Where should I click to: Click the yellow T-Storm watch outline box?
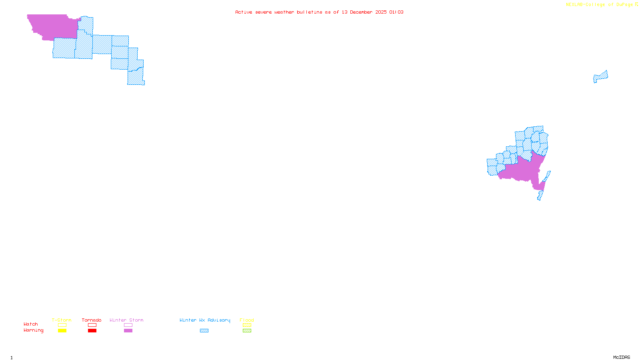point(62,325)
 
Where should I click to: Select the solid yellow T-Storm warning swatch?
point(62,331)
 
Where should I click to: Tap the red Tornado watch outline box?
point(92,325)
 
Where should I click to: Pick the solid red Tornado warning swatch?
point(92,331)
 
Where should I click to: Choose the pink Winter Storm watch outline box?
point(128,325)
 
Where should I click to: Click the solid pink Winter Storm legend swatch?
point(128,331)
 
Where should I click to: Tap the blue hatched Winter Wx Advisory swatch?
point(204,331)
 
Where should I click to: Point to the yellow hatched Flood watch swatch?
point(247,325)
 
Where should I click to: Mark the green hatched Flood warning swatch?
point(247,331)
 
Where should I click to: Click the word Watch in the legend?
point(31,324)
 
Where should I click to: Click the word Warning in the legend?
point(34,330)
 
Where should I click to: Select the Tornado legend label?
point(92,320)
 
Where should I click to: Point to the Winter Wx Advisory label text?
point(205,320)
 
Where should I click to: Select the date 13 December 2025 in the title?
point(364,12)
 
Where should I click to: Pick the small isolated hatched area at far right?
point(600,76)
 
